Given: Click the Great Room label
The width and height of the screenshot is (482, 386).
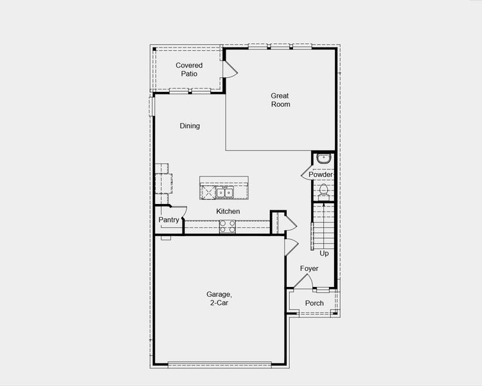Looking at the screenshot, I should (280, 100).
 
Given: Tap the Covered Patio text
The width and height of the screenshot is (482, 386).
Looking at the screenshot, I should (189, 69).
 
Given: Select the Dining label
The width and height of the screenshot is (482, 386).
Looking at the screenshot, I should (190, 126).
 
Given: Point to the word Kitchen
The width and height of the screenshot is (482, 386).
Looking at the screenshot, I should (228, 212).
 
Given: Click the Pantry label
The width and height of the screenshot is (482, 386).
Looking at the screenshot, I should (168, 220).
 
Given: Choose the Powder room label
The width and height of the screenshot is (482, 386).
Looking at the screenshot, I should (321, 175).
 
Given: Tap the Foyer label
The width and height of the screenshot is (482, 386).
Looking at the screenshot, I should (309, 268).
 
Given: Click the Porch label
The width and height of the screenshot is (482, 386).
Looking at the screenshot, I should (314, 304).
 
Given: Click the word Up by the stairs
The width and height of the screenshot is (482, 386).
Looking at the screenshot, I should (324, 253).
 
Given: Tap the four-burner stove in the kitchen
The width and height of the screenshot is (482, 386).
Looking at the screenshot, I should (228, 226).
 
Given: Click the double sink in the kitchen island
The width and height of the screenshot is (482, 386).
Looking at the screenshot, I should (224, 192).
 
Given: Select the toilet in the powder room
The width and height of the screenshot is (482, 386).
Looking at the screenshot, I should (324, 190).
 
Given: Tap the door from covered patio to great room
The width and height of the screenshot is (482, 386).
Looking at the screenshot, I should (230, 70).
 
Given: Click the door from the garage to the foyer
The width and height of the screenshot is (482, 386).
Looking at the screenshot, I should (290, 247).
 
